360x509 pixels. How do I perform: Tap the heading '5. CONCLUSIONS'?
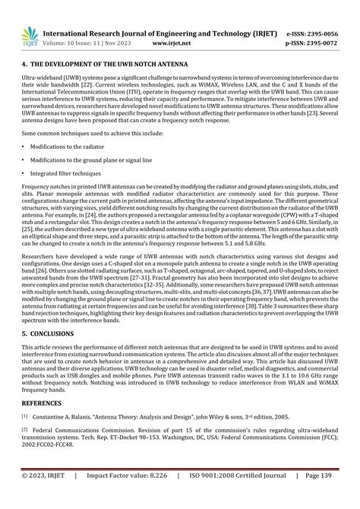[x=48, y=333]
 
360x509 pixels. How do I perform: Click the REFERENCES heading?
[x=43, y=403]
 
